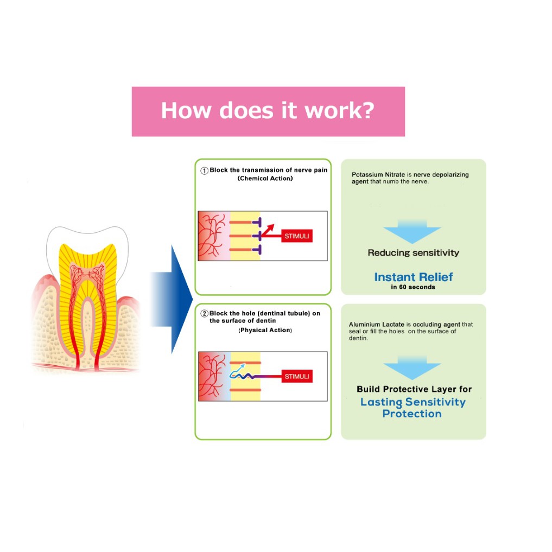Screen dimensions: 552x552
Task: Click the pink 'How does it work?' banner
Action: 268,111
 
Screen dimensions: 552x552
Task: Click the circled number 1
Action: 205,170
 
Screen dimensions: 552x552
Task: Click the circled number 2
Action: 205,314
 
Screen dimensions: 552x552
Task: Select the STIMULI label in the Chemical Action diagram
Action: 297,237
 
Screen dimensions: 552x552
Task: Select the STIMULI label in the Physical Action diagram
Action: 297,377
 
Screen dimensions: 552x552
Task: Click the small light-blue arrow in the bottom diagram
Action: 237,370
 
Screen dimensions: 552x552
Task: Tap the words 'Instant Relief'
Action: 413,277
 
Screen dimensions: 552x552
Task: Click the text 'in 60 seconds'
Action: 413,287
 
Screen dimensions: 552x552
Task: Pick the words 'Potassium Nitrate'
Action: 375,175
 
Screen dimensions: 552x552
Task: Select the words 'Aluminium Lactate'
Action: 372,325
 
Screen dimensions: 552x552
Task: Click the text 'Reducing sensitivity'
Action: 413,252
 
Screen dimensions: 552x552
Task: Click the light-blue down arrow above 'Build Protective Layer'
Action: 413,367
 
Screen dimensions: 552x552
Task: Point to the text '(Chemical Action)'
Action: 265,179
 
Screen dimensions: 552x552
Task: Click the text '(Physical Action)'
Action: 265,330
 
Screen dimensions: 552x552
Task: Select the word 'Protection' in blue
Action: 412,414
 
